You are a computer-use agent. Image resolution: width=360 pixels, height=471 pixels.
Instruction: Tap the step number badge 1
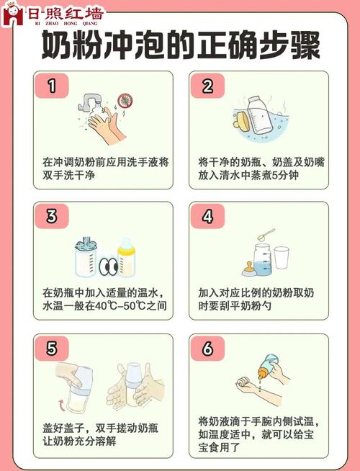coord(52,87)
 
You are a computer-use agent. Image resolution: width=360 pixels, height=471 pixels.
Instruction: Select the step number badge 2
coord(207,87)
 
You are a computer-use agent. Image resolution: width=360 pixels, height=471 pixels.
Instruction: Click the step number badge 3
coord(52,217)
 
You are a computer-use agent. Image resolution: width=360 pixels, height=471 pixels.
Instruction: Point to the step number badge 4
coord(207,217)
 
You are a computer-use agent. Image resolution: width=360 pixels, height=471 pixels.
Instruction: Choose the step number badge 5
coord(52,349)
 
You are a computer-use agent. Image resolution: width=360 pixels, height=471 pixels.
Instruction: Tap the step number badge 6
coord(207,349)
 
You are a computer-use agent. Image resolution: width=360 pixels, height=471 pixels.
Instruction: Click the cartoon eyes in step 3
coord(108,267)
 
